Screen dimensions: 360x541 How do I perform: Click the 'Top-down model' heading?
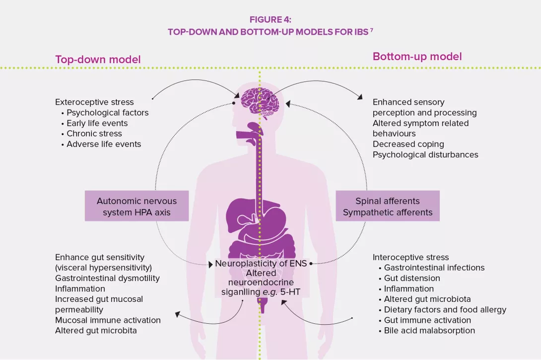point(98,60)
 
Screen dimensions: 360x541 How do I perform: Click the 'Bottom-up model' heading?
point(417,56)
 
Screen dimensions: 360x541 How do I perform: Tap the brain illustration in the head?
point(261,102)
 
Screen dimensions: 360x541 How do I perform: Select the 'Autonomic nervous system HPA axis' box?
point(136,207)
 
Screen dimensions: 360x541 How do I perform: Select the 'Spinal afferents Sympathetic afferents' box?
point(388,207)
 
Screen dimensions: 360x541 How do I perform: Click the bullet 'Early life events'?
point(97,123)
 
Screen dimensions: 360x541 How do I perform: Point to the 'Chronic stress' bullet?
point(94,134)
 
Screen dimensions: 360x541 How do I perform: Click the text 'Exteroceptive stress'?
point(94,102)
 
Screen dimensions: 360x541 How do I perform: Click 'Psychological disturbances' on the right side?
point(425,154)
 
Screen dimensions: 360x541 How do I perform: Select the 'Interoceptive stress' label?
point(410,257)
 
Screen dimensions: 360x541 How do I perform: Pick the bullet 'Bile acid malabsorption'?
point(429,330)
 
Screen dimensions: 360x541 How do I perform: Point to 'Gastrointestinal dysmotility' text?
point(107,278)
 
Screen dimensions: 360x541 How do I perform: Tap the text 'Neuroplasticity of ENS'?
point(261,264)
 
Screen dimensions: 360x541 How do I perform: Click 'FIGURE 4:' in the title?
point(270,20)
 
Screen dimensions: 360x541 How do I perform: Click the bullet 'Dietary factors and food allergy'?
point(445,309)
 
